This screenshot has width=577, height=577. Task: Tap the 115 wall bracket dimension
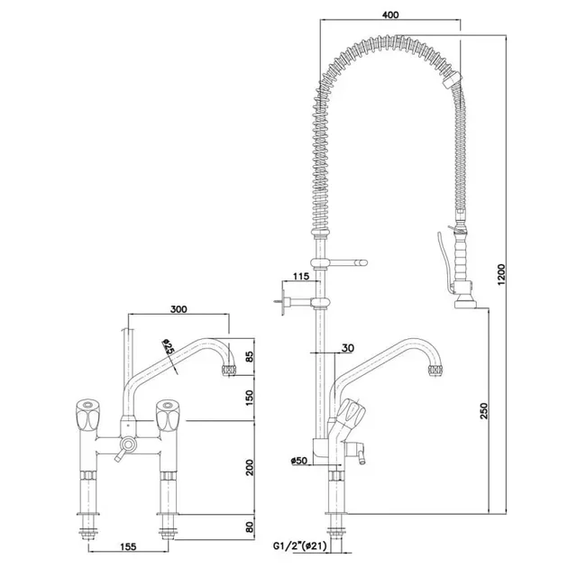[300, 276]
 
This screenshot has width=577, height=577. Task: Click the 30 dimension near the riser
[347, 349]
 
